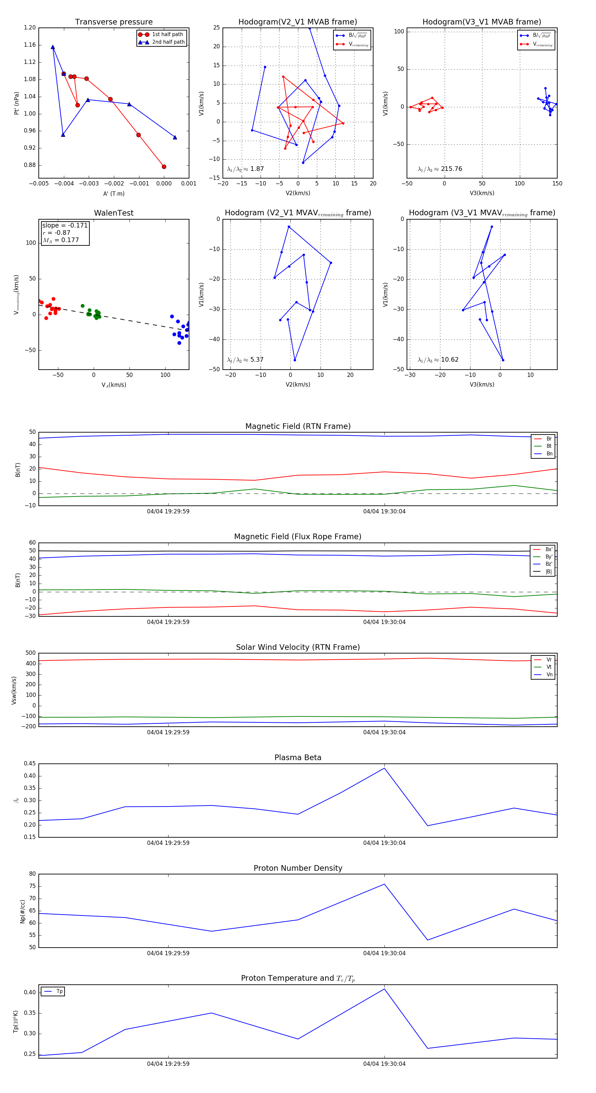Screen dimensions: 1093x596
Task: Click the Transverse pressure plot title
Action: point(114,22)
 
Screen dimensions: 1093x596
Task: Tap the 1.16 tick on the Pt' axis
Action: point(30,45)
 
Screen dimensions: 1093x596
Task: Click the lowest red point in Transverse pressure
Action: point(164,167)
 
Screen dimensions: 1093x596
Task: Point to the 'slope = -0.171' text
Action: point(65,225)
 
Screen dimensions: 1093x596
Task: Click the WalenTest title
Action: point(114,213)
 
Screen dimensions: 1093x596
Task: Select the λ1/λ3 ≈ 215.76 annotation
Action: point(440,169)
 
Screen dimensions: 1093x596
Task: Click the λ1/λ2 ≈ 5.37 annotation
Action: point(245,360)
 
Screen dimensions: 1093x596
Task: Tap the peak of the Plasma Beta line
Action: point(384,768)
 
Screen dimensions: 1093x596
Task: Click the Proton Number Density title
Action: point(298,868)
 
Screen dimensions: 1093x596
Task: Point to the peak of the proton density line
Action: point(384,884)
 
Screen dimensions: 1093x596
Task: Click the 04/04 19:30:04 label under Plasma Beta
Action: point(384,843)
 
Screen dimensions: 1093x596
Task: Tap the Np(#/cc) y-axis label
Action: point(23,911)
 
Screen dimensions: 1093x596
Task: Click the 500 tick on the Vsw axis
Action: point(30,653)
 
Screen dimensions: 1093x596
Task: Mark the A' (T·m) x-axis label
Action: point(114,193)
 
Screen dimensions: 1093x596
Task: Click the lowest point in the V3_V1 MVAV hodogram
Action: point(503,360)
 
